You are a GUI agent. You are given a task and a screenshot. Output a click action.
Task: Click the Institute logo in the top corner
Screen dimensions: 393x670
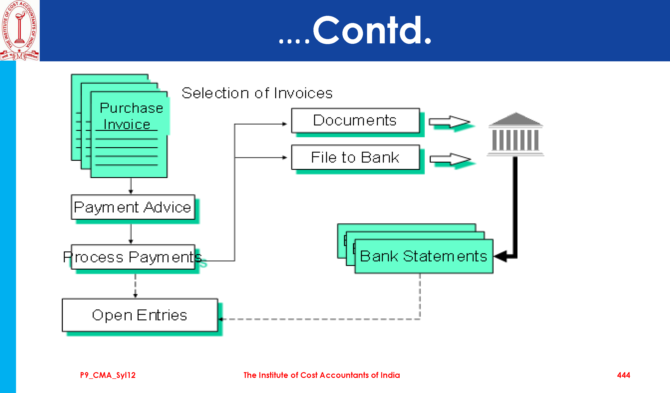click(19, 30)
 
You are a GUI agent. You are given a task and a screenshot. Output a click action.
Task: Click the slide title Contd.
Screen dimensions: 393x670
click(355, 31)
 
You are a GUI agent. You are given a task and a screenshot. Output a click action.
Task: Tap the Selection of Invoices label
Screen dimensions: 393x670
click(257, 93)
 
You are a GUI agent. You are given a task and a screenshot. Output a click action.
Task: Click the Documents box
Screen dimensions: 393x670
click(355, 120)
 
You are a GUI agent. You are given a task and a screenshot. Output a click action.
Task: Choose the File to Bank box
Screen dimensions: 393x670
click(355, 157)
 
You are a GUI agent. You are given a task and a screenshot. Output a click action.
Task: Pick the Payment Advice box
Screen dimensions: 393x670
click(133, 207)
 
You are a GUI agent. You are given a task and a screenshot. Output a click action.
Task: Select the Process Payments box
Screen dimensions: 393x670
click(133, 257)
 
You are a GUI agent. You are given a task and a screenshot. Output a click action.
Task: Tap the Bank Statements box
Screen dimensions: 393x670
click(424, 256)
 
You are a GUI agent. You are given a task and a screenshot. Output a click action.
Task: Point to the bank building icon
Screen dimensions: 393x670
click(515, 134)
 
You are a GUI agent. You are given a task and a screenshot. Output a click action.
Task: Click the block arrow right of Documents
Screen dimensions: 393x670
click(450, 122)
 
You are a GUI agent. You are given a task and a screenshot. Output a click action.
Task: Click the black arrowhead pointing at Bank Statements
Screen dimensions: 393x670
click(501, 256)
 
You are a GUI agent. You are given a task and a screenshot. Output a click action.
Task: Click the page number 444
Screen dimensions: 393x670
click(624, 375)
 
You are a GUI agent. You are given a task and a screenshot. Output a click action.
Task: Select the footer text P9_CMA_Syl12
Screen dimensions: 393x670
click(108, 375)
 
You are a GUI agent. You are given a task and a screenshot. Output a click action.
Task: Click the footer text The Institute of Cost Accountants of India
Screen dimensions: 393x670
click(321, 375)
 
